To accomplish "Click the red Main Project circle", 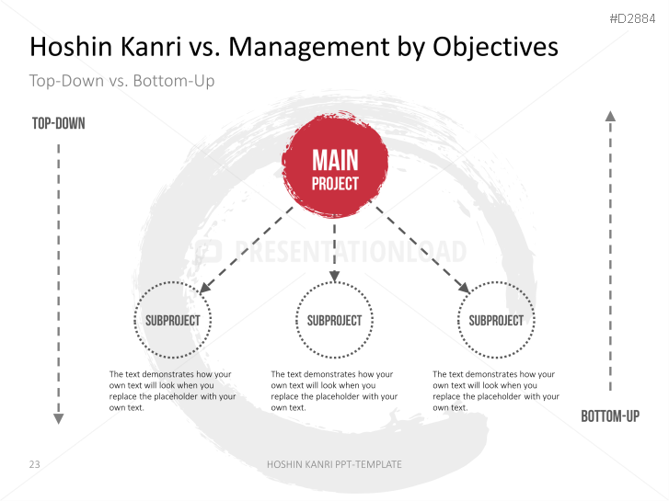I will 334,170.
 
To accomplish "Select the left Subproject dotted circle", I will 172,320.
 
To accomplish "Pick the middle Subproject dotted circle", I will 334,320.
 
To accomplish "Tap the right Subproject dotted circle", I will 496,320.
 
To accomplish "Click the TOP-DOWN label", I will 58,123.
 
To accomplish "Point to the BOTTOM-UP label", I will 609,416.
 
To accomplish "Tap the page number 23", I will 34,464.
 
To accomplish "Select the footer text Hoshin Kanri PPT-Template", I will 334,464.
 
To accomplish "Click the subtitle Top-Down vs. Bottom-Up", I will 121,81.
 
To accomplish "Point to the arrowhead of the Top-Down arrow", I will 58,418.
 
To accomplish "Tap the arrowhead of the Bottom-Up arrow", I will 609,116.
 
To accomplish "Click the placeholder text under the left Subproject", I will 172,391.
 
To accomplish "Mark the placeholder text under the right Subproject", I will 496,391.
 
